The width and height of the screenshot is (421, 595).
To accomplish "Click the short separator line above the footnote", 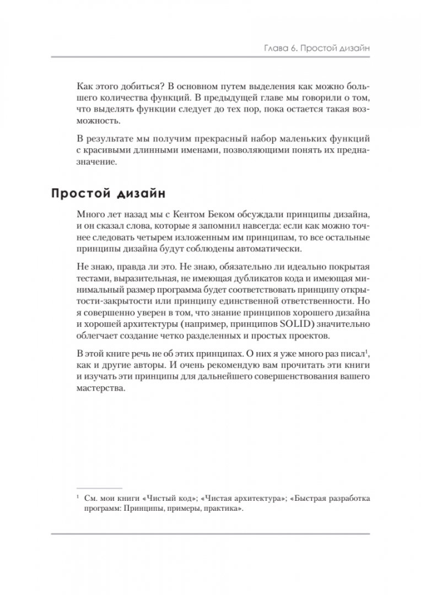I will (100, 488).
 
